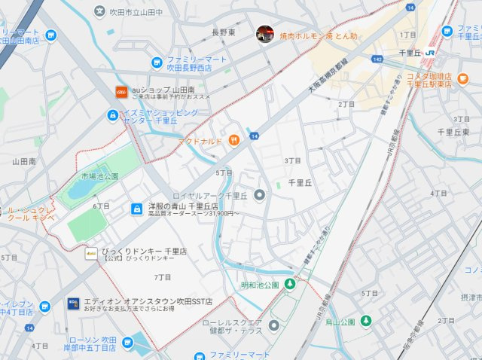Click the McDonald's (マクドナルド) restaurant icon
coord(234,139)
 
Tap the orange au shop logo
coord(120,91)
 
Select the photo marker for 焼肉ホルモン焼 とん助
coord(264,34)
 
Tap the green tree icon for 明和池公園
coord(291,284)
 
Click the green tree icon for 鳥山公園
coord(366,321)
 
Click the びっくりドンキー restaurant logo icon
coord(90,253)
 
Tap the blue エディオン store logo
coord(74,304)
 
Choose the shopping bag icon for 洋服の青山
coord(137,208)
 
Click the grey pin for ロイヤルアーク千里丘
coord(260,196)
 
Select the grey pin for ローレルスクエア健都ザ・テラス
coord(273,325)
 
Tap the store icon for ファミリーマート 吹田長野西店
coord(157,63)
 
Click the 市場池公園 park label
coord(99,176)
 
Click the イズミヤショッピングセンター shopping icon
coord(111,116)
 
